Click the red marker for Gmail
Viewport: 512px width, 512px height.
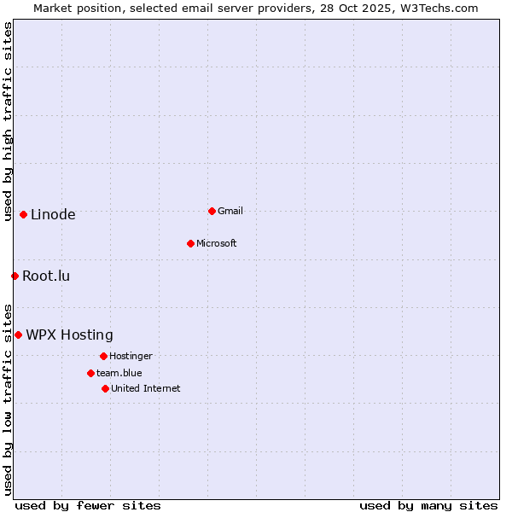[212, 211]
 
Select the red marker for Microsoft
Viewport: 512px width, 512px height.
[190, 243]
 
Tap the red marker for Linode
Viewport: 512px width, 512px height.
[23, 214]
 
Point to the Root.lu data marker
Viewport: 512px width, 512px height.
[15, 276]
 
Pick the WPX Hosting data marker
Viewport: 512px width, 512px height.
[18, 335]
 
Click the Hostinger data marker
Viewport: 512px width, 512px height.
[103, 356]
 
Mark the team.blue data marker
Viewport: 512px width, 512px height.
[90, 373]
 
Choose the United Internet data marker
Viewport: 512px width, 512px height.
[105, 388]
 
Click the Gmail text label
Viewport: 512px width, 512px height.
[230, 211]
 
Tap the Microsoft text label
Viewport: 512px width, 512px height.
[217, 243]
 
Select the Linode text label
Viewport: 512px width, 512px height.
[53, 215]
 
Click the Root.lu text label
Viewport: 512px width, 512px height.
[46, 276]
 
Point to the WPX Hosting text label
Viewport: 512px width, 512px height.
[69, 335]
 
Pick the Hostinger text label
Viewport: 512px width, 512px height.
[131, 356]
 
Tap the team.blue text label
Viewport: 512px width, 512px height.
[119, 373]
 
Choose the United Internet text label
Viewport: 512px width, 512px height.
[146, 388]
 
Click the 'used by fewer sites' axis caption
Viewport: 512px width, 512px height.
[88, 505]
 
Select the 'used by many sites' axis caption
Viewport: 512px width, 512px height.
[428, 505]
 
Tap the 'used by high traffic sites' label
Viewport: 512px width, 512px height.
[8, 122]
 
